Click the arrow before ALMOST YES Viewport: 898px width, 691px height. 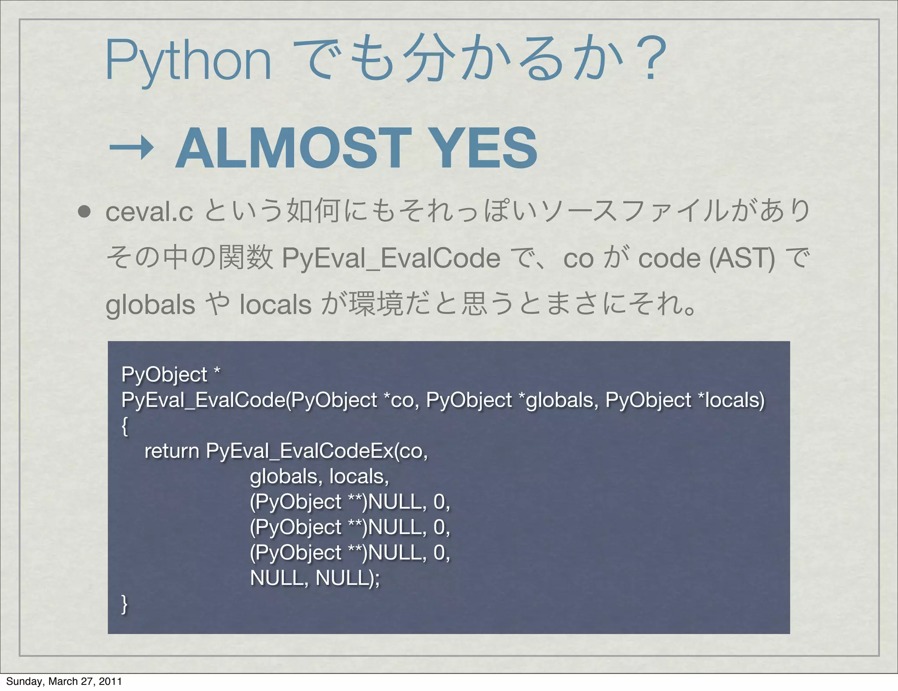pos(131,149)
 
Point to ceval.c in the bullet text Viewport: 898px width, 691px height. pos(149,212)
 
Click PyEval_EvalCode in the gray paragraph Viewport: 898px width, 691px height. pos(391,258)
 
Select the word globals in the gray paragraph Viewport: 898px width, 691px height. pos(150,305)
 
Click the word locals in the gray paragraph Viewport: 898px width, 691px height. pos(276,305)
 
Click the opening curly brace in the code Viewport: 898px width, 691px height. pos(125,426)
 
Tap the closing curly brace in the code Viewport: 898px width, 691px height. pos(125,604)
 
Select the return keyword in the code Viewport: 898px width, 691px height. pos(172,451)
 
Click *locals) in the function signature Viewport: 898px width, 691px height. pos(731,400)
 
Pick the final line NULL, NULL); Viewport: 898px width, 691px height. pos(315,578)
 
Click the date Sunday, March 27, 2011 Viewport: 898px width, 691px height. pos(64,681)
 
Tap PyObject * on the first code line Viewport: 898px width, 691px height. pos(171,374)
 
